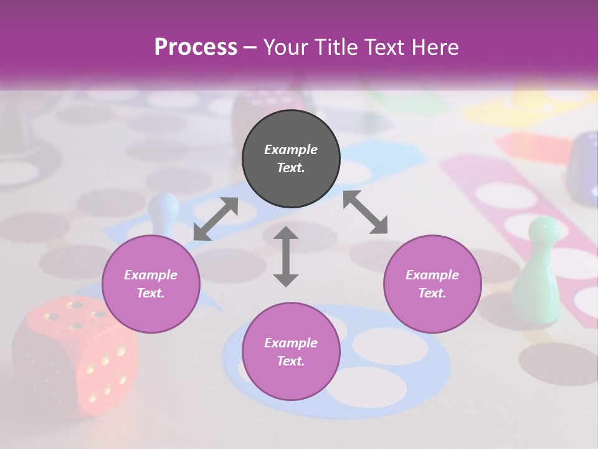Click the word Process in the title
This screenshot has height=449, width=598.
[196, 47]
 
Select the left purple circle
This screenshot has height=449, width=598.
[151, 284]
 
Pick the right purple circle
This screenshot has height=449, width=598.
[432, 284]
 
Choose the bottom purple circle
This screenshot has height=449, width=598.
[291, 352]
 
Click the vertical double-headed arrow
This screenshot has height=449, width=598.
[286, 256]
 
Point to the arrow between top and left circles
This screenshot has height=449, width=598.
[216, 219]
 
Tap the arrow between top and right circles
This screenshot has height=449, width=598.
[366, 211]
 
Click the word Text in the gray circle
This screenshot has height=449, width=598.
[291, 168]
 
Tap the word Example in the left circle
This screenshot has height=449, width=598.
[151, 275]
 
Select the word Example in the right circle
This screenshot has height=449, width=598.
[432, 275]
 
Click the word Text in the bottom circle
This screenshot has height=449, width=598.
[291, 361]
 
